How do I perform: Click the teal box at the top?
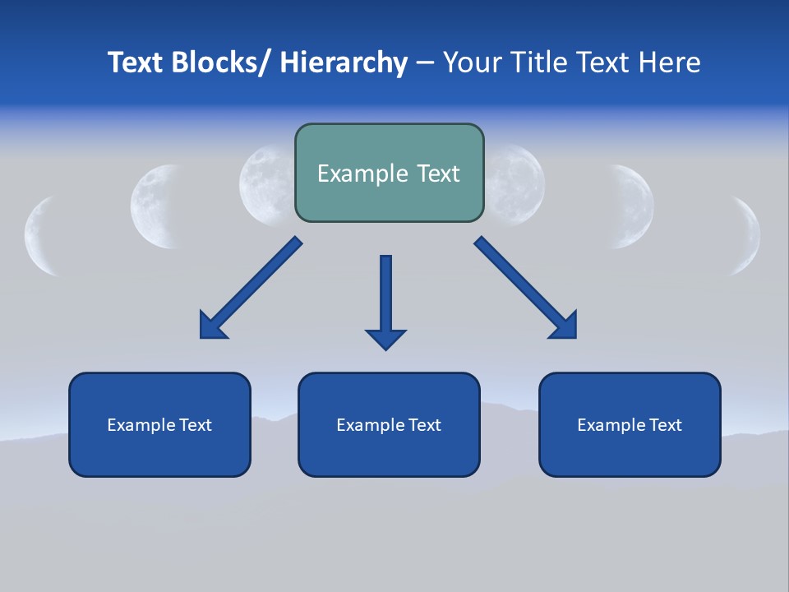[x=389, y=173]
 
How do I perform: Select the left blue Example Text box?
[x=159, y=424]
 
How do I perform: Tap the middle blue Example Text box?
[x=389, y=424]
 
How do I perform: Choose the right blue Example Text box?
[x=630, y=424]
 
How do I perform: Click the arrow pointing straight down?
[x=385, y=300]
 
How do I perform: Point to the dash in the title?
[x=425, y=63]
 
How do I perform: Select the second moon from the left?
[x=156, y=206]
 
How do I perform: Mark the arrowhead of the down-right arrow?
[x=566, y=326]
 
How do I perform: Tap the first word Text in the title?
[x=137, y=62]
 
